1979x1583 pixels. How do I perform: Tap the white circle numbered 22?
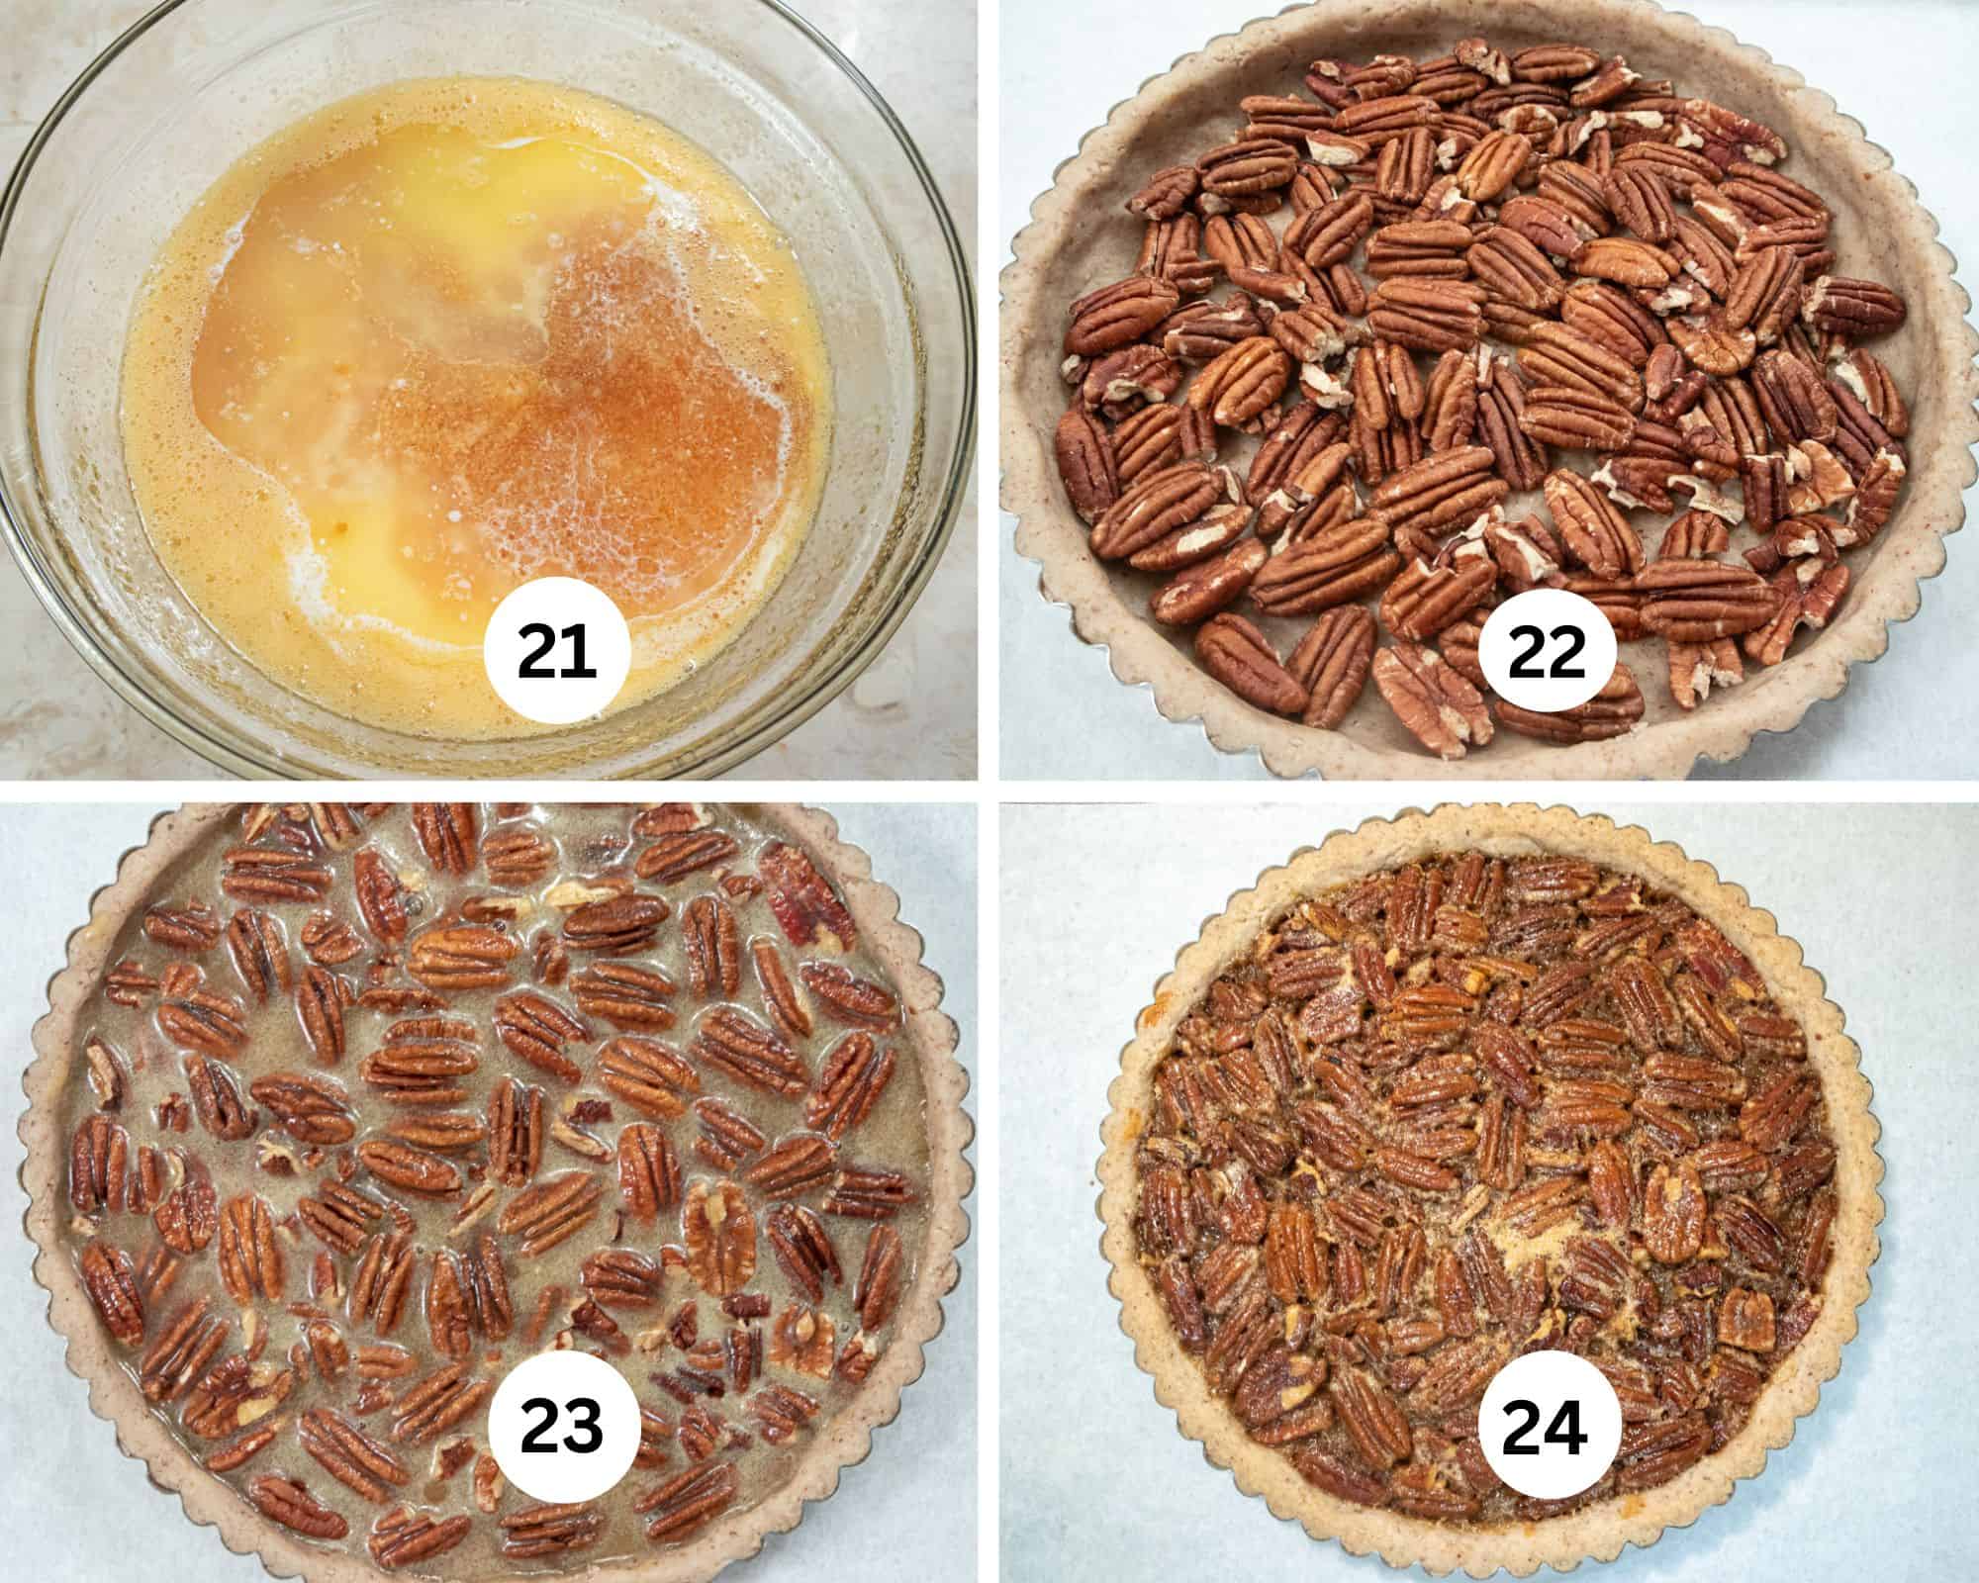click(x=1548, y=654)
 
